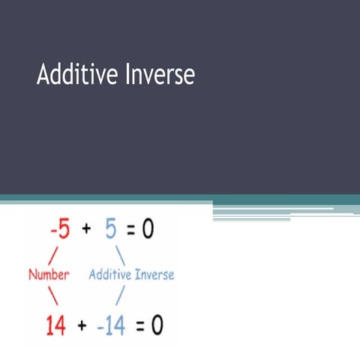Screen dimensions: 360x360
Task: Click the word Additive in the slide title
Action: (x=72, y=74)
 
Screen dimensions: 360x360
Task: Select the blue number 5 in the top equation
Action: (x=111, y=229)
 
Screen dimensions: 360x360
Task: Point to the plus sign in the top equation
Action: (x=86, y=229)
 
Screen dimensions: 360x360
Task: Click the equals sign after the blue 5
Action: (x=130, y=229)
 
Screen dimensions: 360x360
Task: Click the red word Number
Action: (x=49, y=274)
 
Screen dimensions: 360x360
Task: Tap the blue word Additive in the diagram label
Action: (x=111, y=274)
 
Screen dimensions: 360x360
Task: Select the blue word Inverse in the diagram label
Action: (x=154, y=274)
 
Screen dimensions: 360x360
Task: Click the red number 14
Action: (x=55, y=325)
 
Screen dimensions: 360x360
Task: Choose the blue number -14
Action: (x=109, y=325)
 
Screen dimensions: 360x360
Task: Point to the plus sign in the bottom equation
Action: (x=80, y=325)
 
